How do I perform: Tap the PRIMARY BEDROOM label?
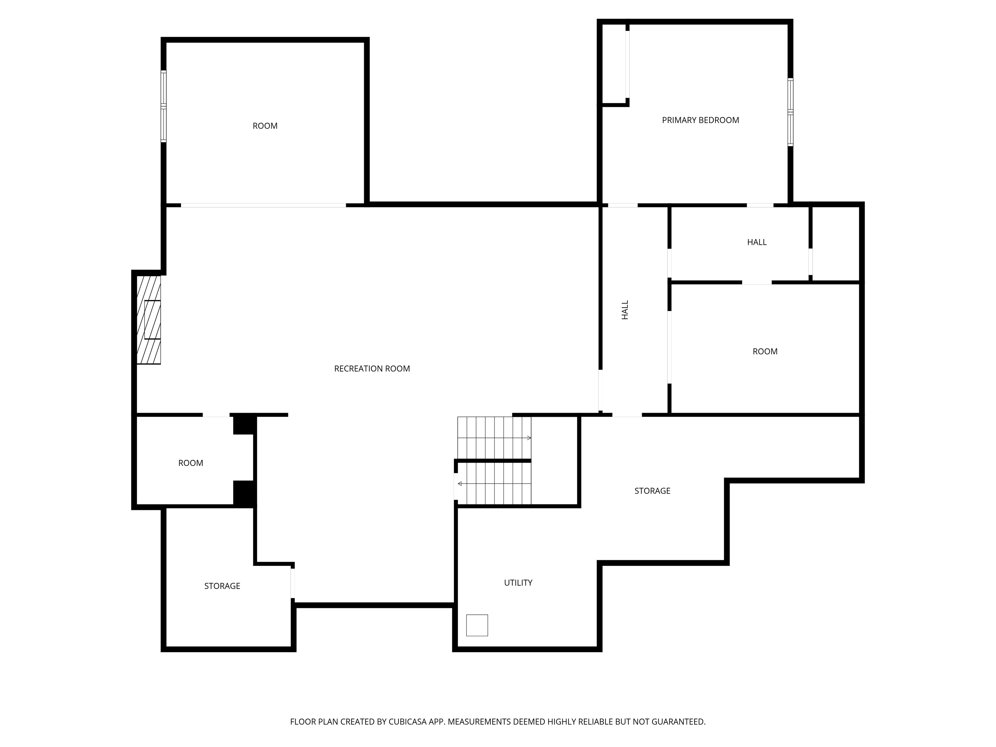point(700,120)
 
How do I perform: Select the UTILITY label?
point(518,583)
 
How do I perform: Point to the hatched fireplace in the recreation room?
point(149,320)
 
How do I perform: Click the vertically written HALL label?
point(625,310)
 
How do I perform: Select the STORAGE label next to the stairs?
point(652,491)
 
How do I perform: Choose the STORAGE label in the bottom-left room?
point(222,586)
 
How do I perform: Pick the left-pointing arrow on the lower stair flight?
point(460,484)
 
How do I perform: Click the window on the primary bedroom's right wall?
point(790,112)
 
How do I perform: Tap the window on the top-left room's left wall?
point(163,106)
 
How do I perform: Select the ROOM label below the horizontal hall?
point(765,352)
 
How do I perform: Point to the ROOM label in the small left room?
point(191,463)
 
